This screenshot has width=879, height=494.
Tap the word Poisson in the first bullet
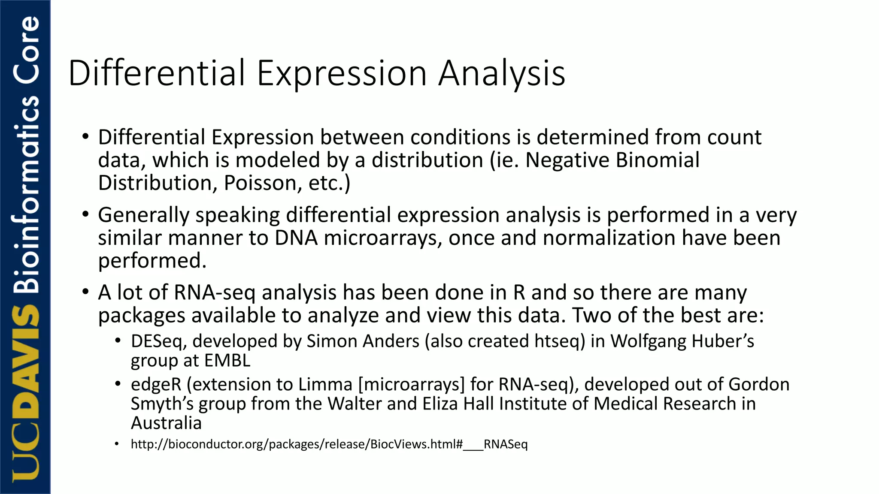(260, 184)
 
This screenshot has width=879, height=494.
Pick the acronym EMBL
(227, 361)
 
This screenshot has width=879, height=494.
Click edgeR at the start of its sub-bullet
(156, 385)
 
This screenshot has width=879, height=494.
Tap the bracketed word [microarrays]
(411, 385)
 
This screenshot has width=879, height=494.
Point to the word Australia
(166, 424)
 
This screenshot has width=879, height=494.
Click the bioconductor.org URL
(329, 444)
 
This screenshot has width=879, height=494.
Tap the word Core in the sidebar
(27, 49)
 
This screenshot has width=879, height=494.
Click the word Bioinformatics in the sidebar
(27, 193)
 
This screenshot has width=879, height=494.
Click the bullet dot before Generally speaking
(85, 214)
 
